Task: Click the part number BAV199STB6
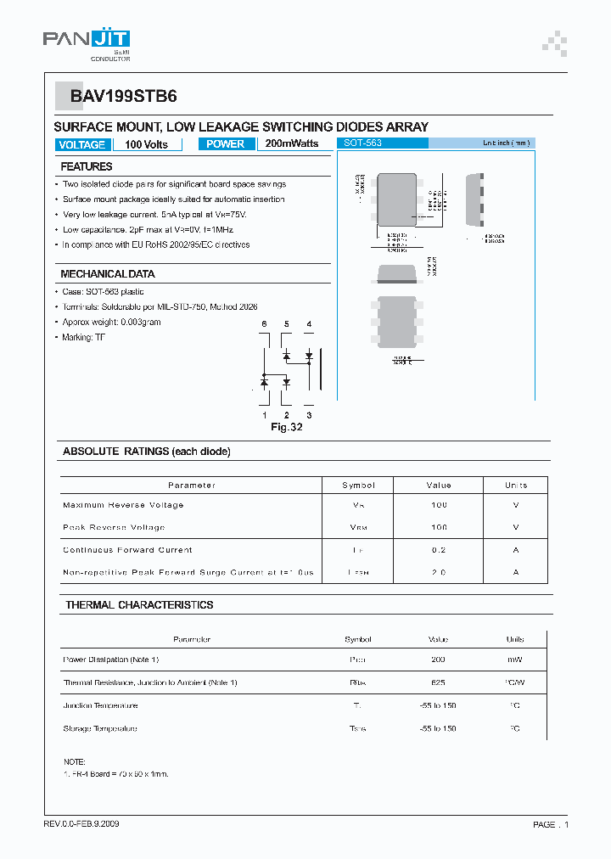click(x=124, y=97)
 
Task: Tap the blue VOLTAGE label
click(x=82, y=145)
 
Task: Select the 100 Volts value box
click(x=147, y=145)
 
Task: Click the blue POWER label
click(x=226, y=144)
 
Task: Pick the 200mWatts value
click(x=292, y=144)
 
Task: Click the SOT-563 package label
click(x=362, y=143)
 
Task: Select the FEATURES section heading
click(x=87, y=167)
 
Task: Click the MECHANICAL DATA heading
click(x=108, y=274)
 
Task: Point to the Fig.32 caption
click(x=287, y=427)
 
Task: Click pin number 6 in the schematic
click(x=264, y=324)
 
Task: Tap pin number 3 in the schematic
click(x=309, y=415)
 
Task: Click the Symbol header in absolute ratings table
click(x=358, y=486)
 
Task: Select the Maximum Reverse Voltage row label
click(x=123, y=505)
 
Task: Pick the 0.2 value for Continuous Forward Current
click(x=438, y=550)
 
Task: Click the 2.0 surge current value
click(x=438, y=573)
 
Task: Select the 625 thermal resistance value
click(x=438, y=682)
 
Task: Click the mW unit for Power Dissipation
click(x=515, y=660)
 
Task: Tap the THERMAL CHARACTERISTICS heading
click(x=139, y=605)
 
